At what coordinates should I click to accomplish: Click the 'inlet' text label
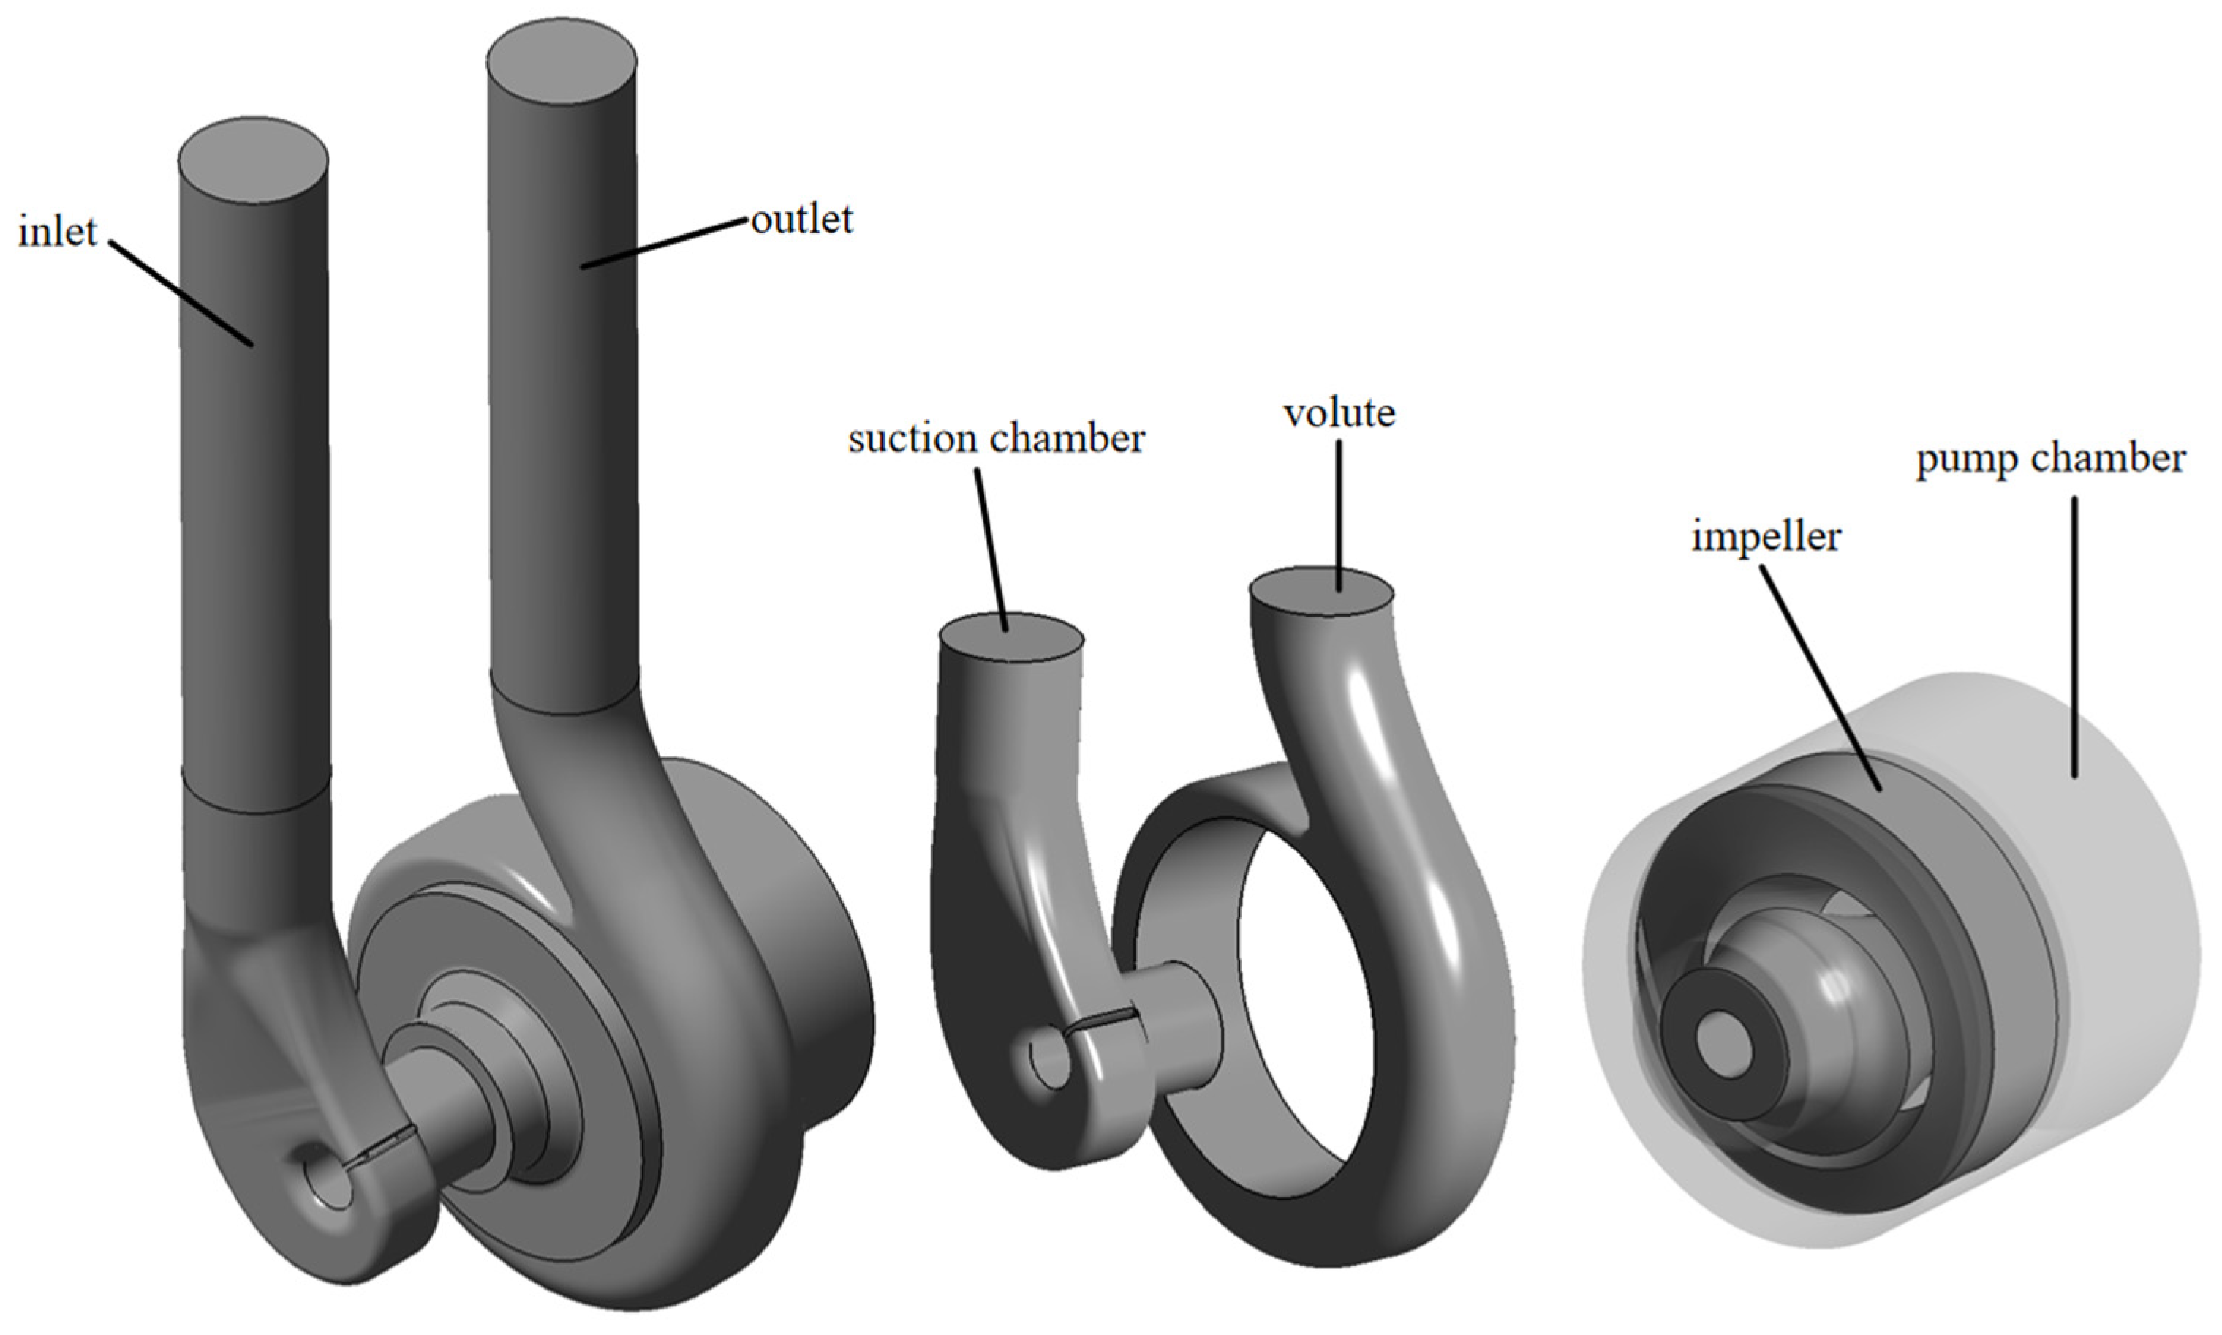click(x=56, y=232)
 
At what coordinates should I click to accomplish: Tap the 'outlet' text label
click(x=801, y=219)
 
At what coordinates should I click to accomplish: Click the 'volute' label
click(x=1339, y=413)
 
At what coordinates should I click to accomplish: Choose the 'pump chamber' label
click(x=2050, y=459)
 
